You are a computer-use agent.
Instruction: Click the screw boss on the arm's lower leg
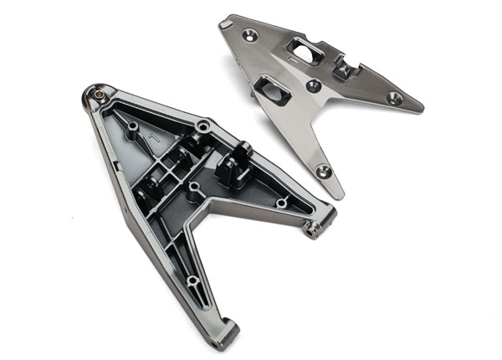coord(192,280)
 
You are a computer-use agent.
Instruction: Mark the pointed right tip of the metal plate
coord(421,108)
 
